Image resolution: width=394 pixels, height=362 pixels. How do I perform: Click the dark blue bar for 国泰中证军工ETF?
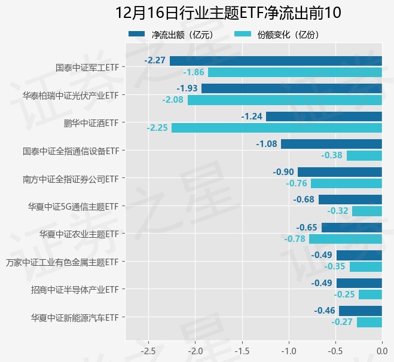(x=276, y=60)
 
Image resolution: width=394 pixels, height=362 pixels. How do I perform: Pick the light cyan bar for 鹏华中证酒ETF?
(x=277, y=128)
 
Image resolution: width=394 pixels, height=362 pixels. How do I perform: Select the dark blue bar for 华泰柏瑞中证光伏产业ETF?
(x=292, y=88)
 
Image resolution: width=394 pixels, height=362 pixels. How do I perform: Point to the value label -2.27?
(x=155, y=60)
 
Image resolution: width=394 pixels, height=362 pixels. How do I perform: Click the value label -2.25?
(x=157, y=128)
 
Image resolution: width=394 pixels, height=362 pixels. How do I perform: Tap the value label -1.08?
(x=267, y=144)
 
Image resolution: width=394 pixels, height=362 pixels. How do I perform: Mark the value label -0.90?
(x=283, y=171)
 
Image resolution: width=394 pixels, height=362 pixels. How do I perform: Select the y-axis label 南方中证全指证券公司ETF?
(x=72, y=179)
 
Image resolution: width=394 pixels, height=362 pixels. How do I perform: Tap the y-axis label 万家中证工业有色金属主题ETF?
(x=62, y=262)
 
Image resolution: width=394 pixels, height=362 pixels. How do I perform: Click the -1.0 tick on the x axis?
(x=289, y=349)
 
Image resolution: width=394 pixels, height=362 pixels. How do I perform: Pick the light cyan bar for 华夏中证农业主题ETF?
(x=346, y=239)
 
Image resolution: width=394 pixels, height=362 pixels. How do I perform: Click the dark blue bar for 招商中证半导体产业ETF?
(x=359, y=283)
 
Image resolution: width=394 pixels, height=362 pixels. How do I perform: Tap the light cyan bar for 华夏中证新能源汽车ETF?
(x=369, y=322)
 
